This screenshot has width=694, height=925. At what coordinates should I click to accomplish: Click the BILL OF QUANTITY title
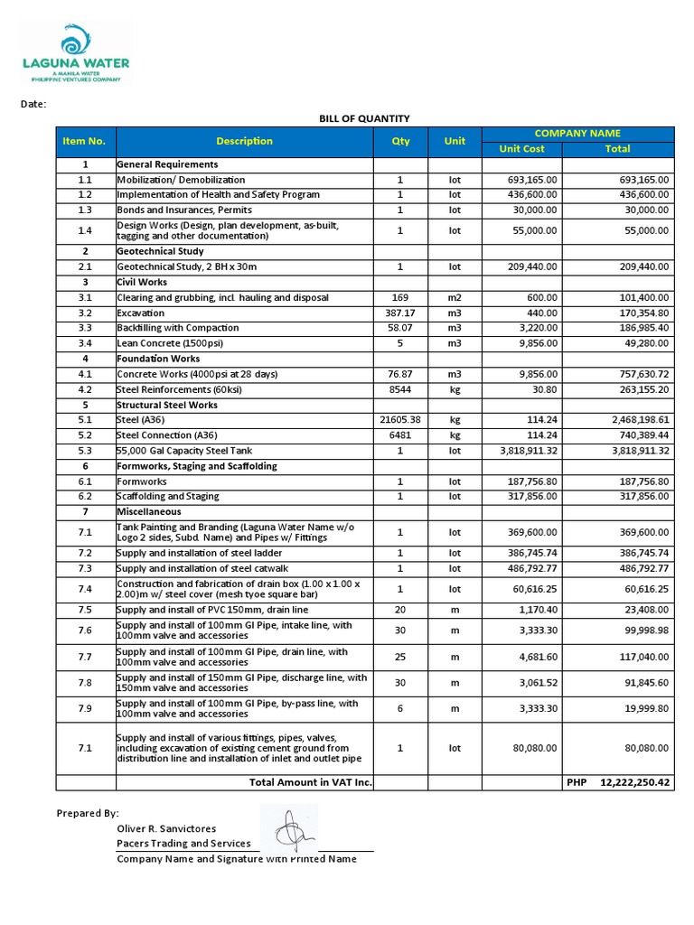tap(364, 118)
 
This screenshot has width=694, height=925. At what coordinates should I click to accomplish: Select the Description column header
tap(244, 141)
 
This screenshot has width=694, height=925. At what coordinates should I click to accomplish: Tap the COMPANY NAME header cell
tap(578, 134)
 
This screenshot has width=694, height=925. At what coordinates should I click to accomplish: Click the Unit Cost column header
tap(522, 149)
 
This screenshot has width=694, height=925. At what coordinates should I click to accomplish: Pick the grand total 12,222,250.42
tap(634, 782)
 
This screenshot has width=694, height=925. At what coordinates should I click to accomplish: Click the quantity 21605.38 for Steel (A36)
tap(400, 420)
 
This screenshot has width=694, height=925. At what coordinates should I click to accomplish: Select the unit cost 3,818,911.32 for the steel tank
tap(521, 450)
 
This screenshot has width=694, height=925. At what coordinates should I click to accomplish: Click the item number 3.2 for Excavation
tap(85, 313)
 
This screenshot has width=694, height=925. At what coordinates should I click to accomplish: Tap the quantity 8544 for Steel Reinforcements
tap(400, 389)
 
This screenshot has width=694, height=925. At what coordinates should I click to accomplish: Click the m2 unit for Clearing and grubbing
tap(455, 297)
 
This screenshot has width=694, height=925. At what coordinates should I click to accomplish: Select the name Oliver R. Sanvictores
tap(166, 828)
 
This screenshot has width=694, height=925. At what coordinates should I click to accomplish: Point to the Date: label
tap(33, 105)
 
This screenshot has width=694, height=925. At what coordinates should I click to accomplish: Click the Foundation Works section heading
tap(159, 359)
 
